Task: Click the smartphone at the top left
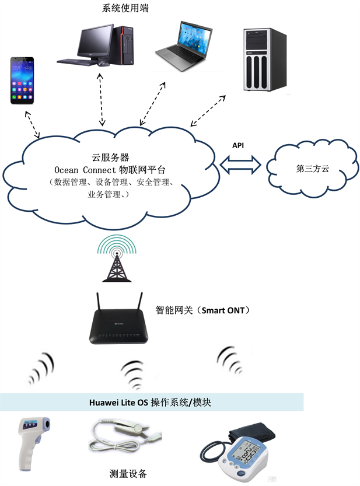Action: click(x=22, y=81)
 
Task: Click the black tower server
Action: click(x=265, y=60)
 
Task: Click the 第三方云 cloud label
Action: click(x=313, y=169)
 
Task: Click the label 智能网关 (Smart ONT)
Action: click(x=204, y=310)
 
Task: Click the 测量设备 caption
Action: click(x=128, y=474)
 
